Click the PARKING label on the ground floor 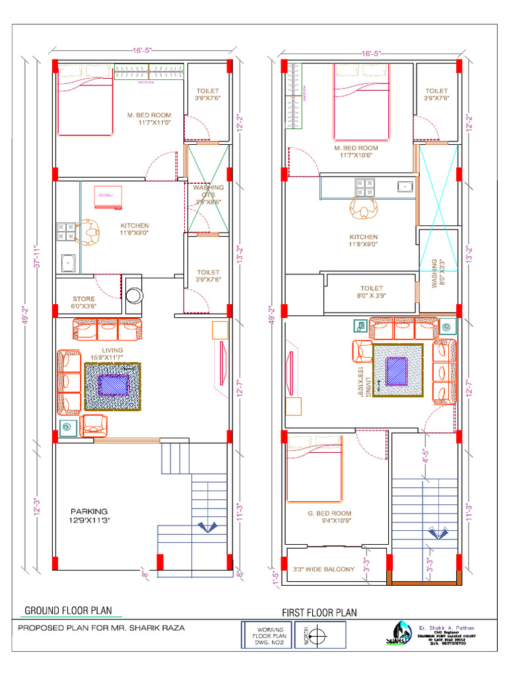click(89, 511)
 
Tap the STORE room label click(84, 299)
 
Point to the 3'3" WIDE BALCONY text click(323, 569)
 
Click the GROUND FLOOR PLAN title click(68, 610)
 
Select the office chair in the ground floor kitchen click(88, 231)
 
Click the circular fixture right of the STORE click(134, 295)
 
